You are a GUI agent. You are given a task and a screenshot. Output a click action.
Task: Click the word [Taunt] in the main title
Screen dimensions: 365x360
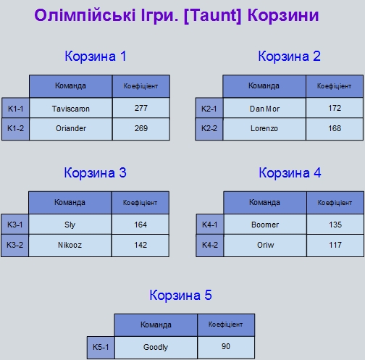[212, 16]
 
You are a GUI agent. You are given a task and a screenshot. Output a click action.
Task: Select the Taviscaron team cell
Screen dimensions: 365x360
[71, 108]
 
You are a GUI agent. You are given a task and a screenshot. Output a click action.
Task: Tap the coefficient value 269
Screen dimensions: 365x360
[141, 129]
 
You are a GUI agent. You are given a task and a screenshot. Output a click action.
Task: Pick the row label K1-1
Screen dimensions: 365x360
[15, 108]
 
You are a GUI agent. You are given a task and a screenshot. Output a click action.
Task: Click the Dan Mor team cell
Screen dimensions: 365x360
[264, 108]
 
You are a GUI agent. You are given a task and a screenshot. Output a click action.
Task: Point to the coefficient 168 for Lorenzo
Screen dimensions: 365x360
[335, 129]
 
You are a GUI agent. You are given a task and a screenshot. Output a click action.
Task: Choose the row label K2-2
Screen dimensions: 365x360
[209, 129]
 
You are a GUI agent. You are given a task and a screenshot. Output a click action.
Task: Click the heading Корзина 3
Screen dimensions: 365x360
[95, 172]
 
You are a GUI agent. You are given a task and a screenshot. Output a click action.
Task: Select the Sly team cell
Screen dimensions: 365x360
[70, 225]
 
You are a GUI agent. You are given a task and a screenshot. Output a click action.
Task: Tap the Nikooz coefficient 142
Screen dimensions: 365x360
[140, 246]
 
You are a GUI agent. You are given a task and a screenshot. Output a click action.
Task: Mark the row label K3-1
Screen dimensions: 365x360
[14, 225]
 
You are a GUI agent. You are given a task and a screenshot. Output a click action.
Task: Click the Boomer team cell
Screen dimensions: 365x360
[265, 225]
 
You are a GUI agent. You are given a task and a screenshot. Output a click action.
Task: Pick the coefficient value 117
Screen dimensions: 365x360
[335, 246]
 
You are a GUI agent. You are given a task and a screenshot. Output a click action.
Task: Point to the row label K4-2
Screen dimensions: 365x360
[210, 246]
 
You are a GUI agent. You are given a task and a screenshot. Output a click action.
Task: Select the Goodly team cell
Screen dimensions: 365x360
[156, 347]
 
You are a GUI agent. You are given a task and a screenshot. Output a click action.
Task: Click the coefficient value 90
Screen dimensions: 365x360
[226, 347]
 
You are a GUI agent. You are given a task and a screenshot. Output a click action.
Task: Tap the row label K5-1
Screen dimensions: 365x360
[101, 347]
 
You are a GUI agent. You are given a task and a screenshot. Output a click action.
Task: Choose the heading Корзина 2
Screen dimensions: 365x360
[289, 56]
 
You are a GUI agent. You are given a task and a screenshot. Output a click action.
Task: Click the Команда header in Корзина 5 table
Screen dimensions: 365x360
[156, 325]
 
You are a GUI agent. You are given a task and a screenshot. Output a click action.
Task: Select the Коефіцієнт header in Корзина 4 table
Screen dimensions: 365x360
[335, 203]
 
